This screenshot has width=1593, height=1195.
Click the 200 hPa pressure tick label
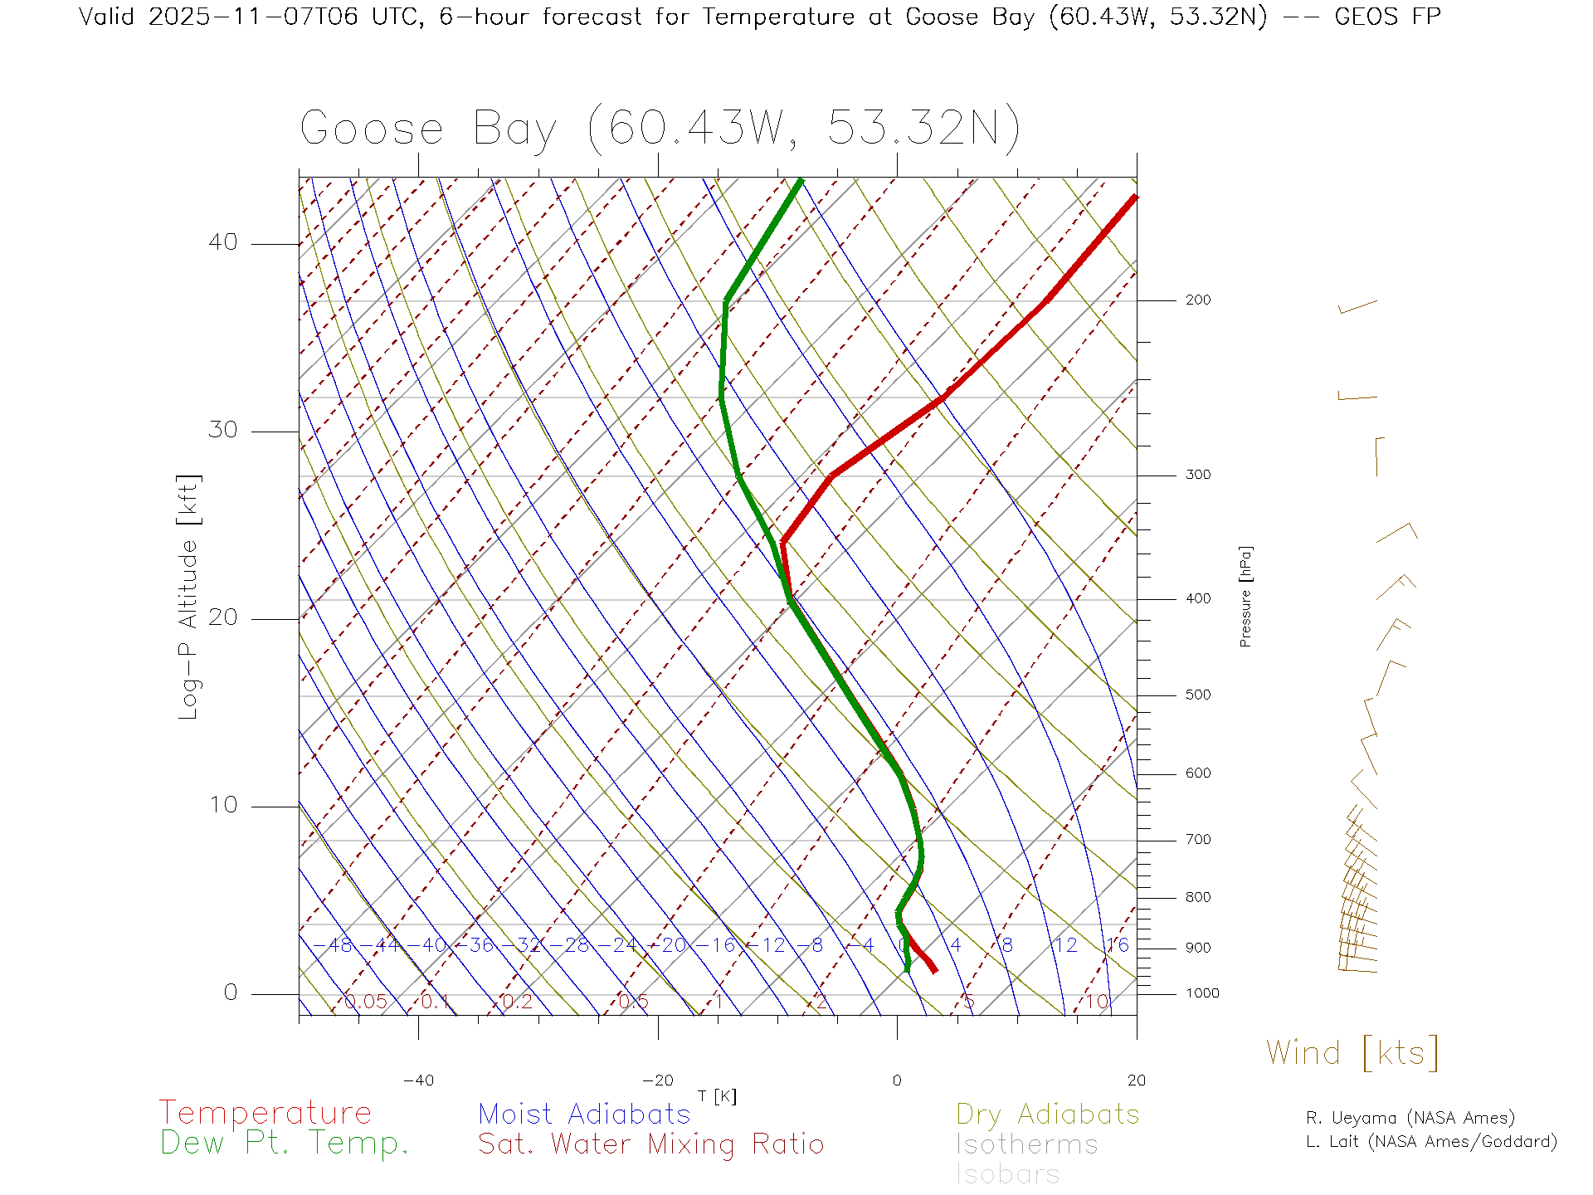(x=1198, y=300)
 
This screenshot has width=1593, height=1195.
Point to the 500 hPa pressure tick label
(x=1198, y=695)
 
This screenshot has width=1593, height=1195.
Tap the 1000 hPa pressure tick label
(x=1202, y=994)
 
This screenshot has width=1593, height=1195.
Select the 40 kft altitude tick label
(x=223, y=242)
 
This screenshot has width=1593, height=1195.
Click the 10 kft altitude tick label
(x=223, y=805)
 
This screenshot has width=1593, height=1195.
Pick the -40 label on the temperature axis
(x=418, y=1080)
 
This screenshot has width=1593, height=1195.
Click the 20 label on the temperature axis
(x=1136, y=1080)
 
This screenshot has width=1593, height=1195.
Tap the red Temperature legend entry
(x=265, y=1113)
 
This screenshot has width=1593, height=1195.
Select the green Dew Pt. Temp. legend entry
(x=285, y=1144)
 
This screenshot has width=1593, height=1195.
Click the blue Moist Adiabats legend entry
(x=585, y=1115)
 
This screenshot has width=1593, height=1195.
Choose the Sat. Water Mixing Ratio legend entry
(x=651, y=1144)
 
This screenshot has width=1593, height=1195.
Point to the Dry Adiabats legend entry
(x=1048, y=1115)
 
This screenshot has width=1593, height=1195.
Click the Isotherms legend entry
(x=1027, y=1144)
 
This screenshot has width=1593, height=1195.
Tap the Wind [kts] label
(x=1352, y=1053)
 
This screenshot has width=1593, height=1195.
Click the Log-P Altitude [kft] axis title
(x=189, y=597)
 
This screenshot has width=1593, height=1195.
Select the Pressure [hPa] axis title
(x=1245, y=597)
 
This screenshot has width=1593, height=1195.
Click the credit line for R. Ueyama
(x=1410, y=1118)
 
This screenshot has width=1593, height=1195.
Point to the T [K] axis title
(x=717, y=1096)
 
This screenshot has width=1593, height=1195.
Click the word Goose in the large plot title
(x=372, y=129)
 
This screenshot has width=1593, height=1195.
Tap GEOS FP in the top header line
(x=1387, y=17)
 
